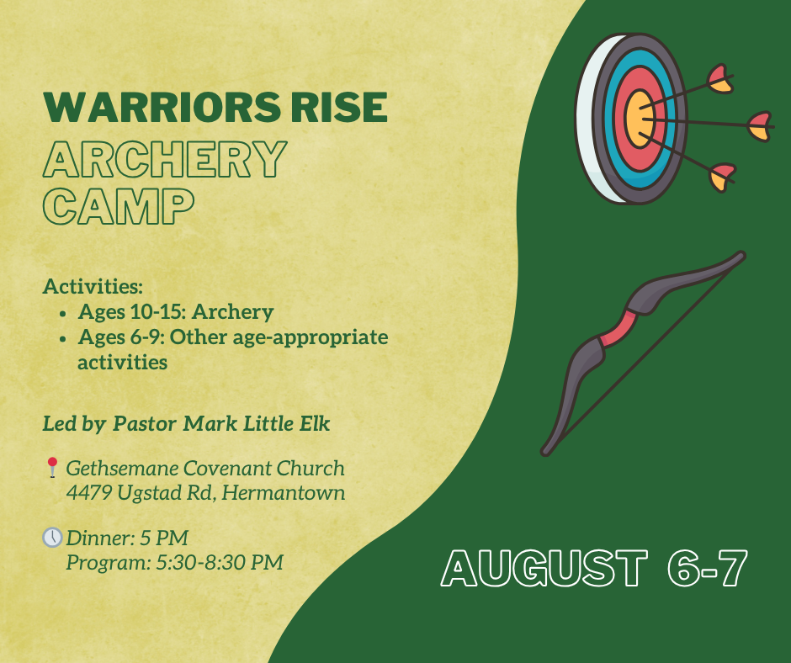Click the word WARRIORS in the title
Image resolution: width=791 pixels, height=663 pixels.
[x=162, y=108]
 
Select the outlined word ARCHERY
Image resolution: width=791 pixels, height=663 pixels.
[x=165, y=159]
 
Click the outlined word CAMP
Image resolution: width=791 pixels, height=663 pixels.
[x=119, y=206]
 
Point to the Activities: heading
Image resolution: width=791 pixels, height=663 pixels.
[x=93, y=286]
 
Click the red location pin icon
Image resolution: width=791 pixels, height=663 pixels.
[x=52, y=467]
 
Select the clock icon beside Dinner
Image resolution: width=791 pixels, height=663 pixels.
[x=52, y=538]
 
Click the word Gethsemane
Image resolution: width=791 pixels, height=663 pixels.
[x=122, y=469]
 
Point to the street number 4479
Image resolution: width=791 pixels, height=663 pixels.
[x=89, y=492]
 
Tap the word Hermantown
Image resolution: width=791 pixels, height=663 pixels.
[x=284, y=492]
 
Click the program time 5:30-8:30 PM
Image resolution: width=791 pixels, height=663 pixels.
[x=220, y=562]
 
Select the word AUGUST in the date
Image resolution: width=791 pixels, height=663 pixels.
[x=544, y=568]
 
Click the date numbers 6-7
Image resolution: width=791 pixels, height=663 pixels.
[x=707, y=568]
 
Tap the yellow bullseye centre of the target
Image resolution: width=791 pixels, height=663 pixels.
[x=640, y=119]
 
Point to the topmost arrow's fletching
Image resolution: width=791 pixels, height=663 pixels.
[x=720, y=79]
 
